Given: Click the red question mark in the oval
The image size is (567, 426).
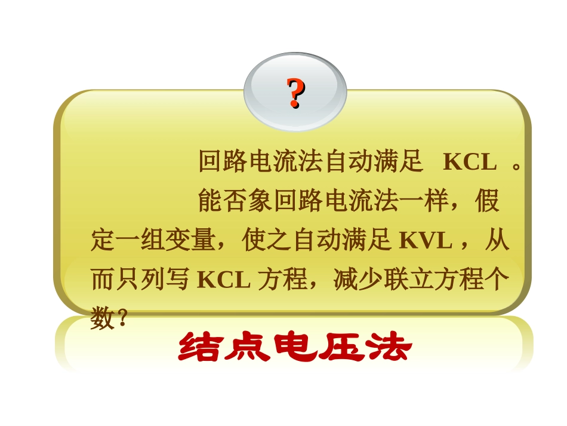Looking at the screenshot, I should point(295,93).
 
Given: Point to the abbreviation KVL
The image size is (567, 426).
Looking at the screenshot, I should point(425,241).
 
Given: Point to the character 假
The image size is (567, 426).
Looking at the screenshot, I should point(487,201).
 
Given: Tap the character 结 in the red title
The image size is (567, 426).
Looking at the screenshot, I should point(201,348).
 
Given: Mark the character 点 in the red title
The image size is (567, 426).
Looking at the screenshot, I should point(248,348).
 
